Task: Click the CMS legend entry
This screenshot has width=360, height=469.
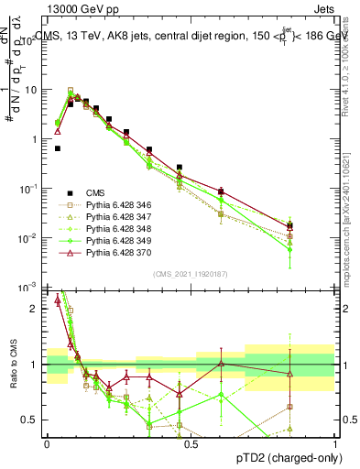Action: click(x=95, y=192)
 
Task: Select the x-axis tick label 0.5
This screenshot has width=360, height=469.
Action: click(x=191, y=443)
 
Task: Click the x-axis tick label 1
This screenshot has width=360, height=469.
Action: click(x=335, y=443)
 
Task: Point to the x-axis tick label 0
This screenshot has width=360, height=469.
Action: click(x=47, y=443)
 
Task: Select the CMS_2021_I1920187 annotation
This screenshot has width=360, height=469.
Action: click(x=191, y=274)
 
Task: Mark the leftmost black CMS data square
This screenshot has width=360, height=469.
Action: click(x=58, y=148)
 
